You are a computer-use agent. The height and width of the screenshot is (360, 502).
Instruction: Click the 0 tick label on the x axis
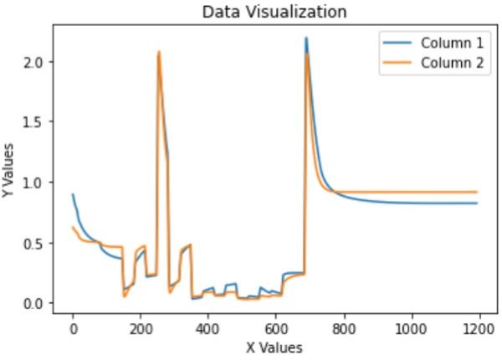pos(73,329)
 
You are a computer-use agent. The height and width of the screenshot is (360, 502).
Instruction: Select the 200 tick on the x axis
pos(140,329)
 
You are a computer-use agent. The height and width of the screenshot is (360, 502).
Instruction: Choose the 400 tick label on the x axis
pos(207,329)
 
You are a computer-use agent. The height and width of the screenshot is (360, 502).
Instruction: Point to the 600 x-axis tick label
pos(275,329)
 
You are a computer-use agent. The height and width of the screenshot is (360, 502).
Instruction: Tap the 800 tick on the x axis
pos(342,329)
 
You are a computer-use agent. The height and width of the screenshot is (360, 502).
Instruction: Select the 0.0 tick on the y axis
pos(37,303)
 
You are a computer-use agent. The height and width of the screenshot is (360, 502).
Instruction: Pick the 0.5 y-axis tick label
pos(37,243)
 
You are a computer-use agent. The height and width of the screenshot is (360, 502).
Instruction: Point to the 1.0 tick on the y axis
pos(37,183)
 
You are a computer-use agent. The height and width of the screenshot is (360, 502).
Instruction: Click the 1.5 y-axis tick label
pos(37,122)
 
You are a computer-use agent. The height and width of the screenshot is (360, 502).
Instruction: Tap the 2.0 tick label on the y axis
pos(37,62)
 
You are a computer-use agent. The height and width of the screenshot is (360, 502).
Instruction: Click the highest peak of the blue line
pos(306,38)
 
